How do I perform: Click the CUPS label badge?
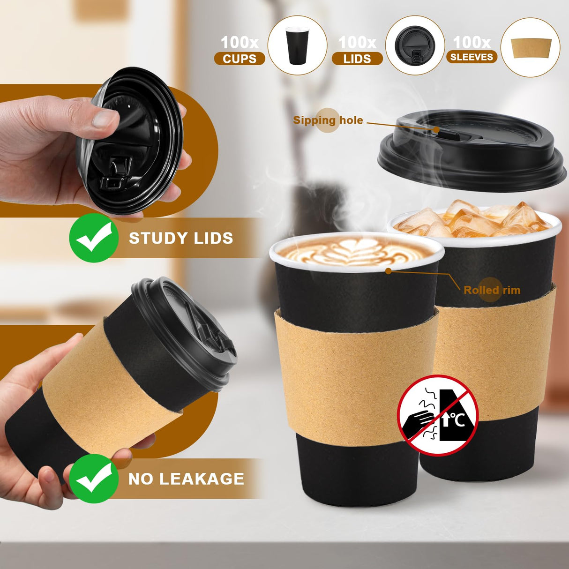(x=240, y=59)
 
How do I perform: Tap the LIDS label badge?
(x=357, y=59)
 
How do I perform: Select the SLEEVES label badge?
(x=472, y=57)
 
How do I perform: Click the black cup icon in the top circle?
(x=297, y=45)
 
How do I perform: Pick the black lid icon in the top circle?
(x=414, y=45)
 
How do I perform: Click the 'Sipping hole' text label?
(x=328, y=120)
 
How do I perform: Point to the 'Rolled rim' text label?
(x=492, y=290)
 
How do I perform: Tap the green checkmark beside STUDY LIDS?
(x=94, y=238)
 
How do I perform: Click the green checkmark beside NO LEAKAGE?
(x=94, y=479)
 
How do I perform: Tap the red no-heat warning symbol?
(x=437, y=415)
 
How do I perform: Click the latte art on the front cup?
(x=356, y=251)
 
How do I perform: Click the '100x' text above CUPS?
(x=240, y=43)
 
